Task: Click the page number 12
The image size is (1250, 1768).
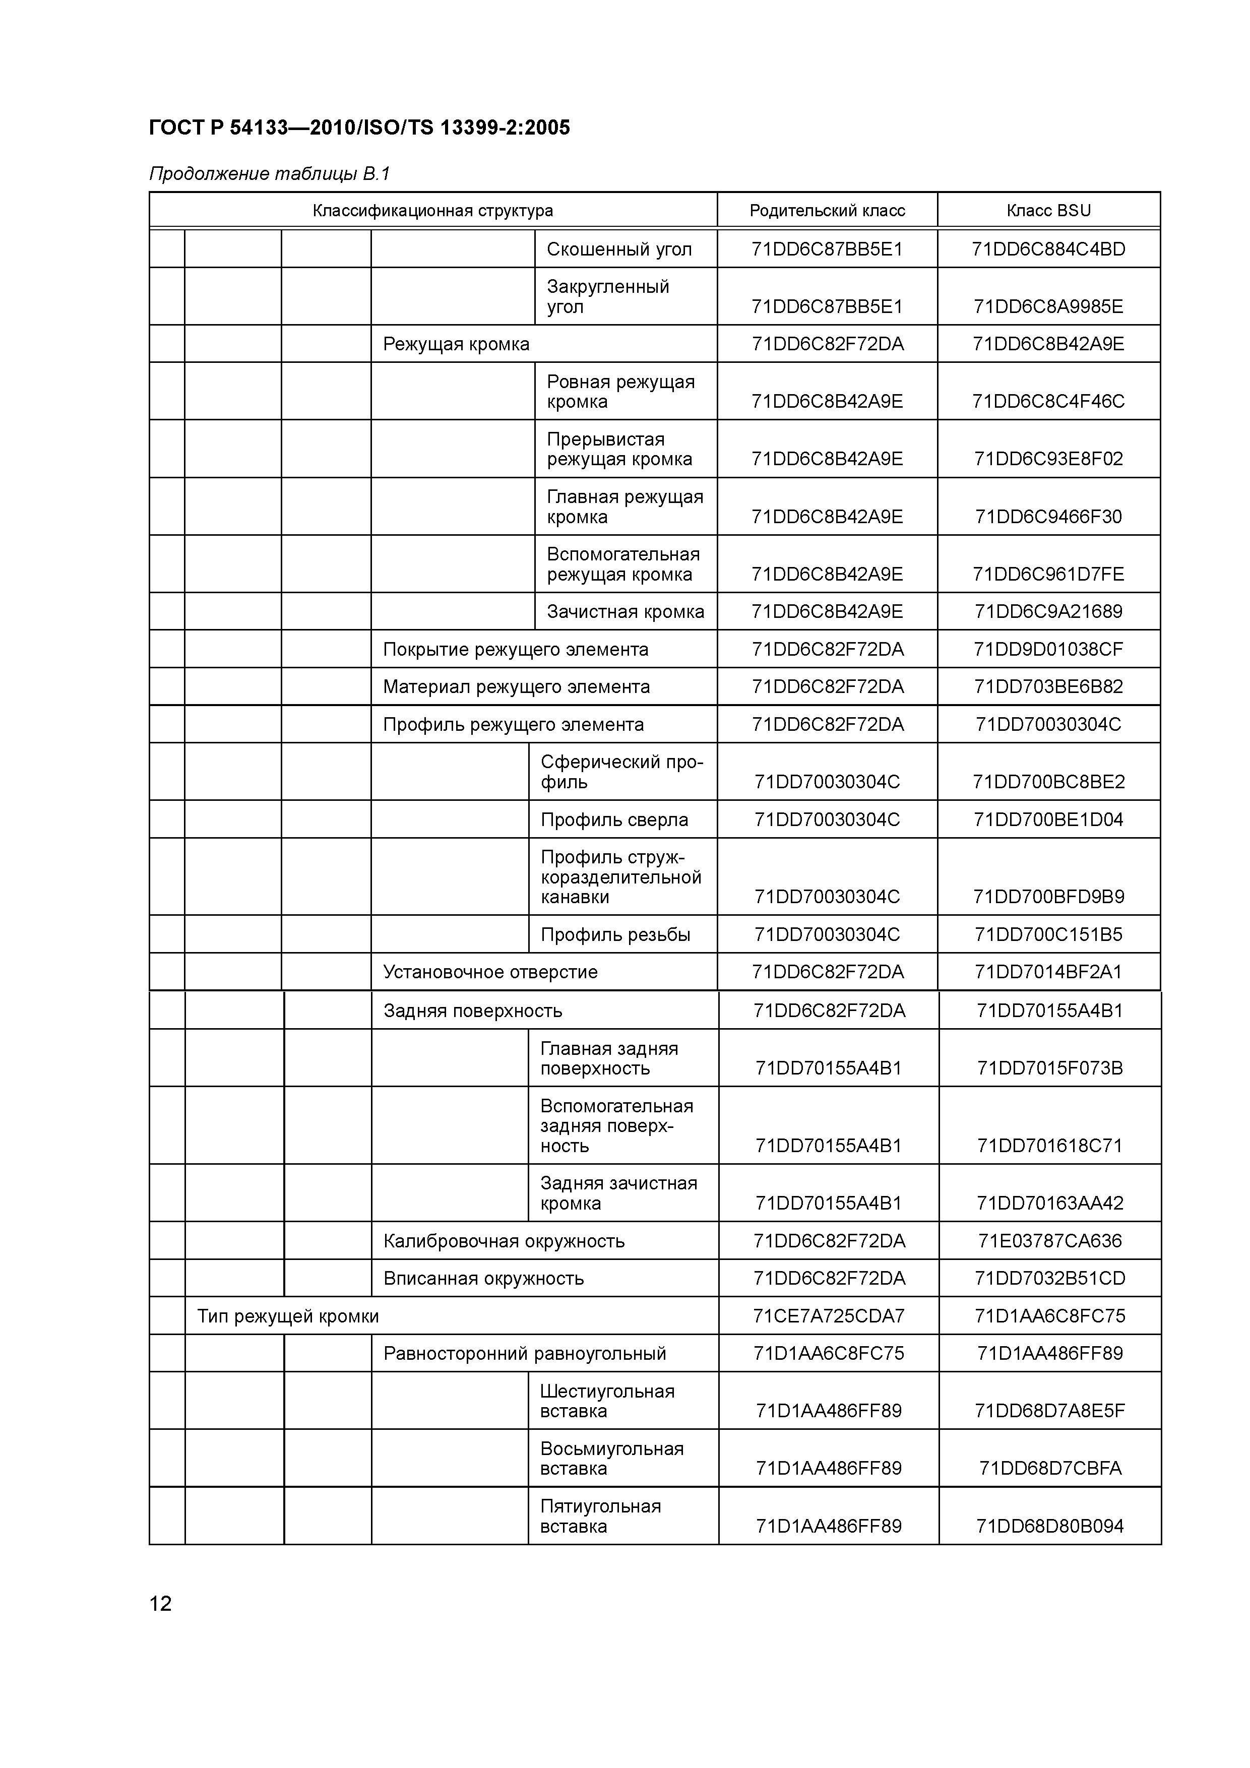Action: pyautogui.click(x=160, y=1603)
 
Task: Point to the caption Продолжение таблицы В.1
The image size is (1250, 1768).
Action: pyautogui.click(x=270, y=174)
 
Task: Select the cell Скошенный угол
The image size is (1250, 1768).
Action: pyautogui.click(x=619, y=249)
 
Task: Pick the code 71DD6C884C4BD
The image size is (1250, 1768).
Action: pyautogui.click(x=1048, y=249)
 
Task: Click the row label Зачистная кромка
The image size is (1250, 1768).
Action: pyautogui.click(x=626, y=611)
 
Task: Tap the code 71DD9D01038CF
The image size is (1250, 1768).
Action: pyautogui.click(x=1048, y=649)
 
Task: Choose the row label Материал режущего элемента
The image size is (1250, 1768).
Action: pyautogui.click(x=516, y=687)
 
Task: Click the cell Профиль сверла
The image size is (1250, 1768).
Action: pyautogui.click(x=614, y=820)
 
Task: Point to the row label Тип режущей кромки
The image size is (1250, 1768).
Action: pyautogui.click(x=288, y=1316)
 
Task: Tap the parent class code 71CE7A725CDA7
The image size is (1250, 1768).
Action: pyautogui.click(x=829, y=1316)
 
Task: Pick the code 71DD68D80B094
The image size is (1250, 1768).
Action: pyautogui.click(x=1050, y=1526)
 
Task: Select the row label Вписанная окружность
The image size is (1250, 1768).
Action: pyautogui.click(x=484, y=1278)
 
